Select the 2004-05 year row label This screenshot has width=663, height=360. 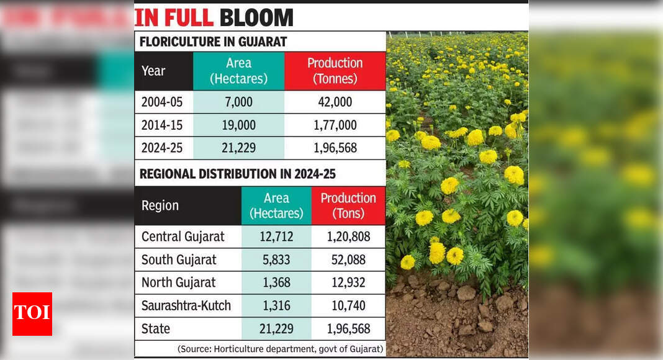tap(162, 102)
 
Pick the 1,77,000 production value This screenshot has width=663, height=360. tap(335, 125)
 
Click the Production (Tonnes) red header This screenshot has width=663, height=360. tap(335, 71)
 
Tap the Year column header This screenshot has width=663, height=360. tap(153, 71)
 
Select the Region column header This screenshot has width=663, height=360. tap(160, 205)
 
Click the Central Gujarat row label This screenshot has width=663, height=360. tap(183, 236)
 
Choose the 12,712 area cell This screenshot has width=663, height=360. tap(276, 236)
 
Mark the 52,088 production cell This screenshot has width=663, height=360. tap(348, 259)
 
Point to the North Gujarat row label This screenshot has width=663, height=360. tap(179, 282)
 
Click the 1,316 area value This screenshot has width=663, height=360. tap(276, 305)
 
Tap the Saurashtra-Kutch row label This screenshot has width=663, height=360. tap(186, 305)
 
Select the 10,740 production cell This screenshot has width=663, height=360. tap(348, 305)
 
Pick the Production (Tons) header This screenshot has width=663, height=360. tap(348, 205)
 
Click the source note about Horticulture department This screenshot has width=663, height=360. tap(281, 349)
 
